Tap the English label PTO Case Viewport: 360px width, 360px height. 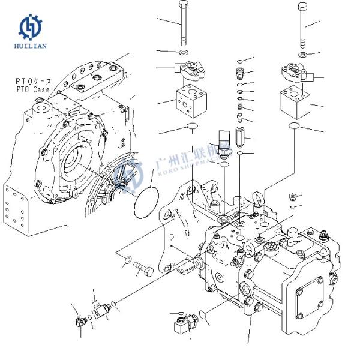click(x=33, y=89)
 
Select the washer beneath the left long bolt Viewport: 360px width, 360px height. click(x=184, y=54)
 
